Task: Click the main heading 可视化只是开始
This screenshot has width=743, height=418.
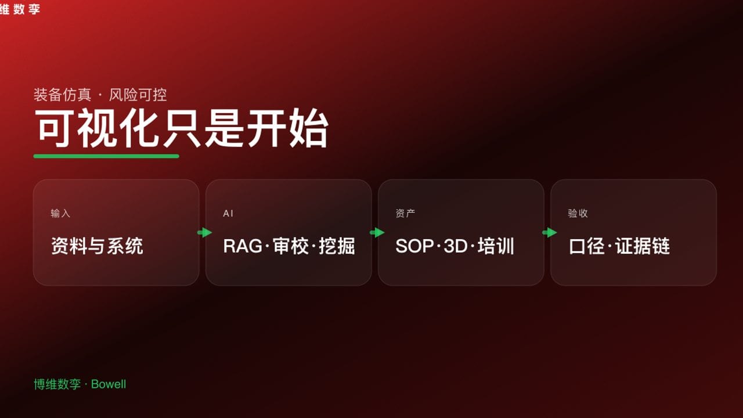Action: [181, 128]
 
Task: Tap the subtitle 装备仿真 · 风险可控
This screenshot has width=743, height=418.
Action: [100, 95]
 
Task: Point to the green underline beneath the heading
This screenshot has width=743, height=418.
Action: [106, 156]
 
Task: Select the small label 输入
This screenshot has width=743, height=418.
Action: [60, 214]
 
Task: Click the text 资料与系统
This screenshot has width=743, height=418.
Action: [97, 246]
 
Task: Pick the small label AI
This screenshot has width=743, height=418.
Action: [228, 214]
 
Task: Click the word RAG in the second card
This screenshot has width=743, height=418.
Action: [243, 246]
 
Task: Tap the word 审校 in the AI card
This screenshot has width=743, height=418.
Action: [291, 246]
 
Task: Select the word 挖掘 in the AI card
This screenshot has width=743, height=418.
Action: [337, 246]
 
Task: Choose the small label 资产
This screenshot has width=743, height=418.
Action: [405, 214]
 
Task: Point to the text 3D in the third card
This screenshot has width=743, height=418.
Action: [456, 246]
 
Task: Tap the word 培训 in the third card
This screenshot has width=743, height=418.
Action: [496, 246]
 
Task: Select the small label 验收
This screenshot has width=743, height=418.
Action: [578, 214]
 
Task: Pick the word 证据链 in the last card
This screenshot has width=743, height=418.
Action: [643, 246]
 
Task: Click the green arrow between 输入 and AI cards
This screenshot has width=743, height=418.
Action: [204, 233]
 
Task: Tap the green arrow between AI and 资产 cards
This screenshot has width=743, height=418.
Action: [377, 233]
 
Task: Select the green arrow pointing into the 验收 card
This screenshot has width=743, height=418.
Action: [549, 233]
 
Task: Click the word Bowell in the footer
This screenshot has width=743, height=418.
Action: [109, 384]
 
